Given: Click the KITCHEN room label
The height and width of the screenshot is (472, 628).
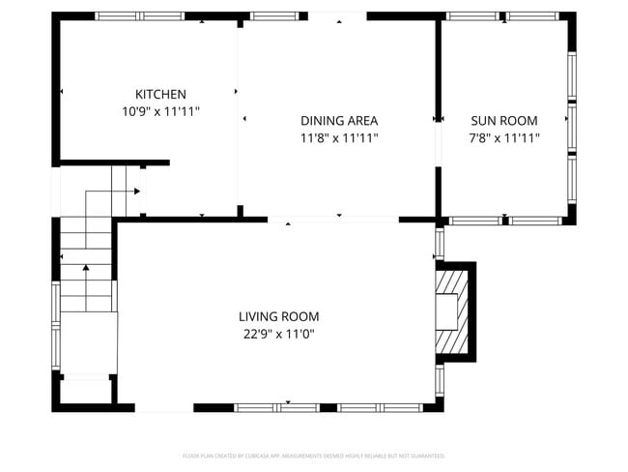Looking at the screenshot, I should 160,94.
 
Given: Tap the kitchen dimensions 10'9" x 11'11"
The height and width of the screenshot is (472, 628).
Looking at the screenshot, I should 160,111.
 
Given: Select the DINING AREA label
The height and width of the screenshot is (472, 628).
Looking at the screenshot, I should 338,121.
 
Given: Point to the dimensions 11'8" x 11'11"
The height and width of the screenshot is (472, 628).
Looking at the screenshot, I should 338,138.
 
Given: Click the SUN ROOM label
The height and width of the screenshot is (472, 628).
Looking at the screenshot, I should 504,121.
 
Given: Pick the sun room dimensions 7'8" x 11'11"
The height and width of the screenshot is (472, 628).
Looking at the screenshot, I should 504,138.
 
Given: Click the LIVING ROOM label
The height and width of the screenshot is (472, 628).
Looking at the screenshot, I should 278,316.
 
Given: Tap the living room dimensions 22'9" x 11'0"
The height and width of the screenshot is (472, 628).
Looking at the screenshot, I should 278,334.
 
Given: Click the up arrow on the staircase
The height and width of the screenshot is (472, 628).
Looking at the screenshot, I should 87,268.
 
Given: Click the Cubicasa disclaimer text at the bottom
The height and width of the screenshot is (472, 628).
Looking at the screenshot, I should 314,456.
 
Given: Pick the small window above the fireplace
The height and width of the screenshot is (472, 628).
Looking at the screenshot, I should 440,243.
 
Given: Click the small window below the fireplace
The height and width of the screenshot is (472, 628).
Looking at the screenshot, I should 440,379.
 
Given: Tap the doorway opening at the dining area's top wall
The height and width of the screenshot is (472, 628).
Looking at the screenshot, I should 337,16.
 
